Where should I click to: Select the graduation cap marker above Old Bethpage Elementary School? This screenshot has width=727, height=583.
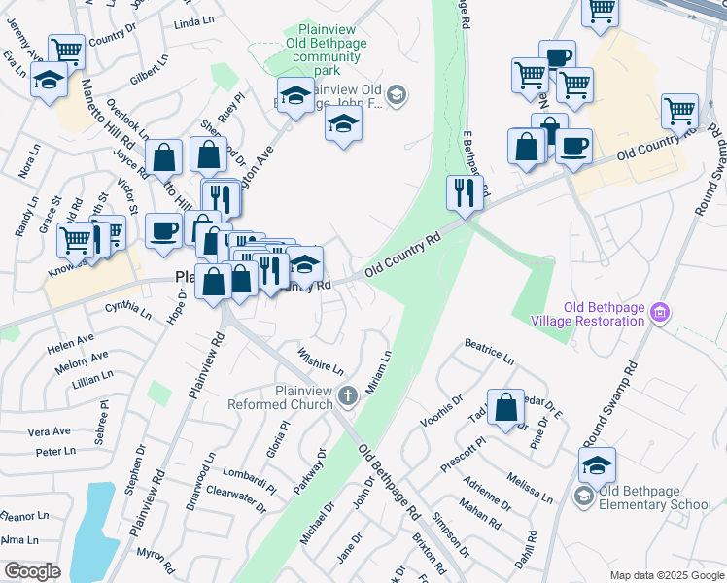click(597, 464)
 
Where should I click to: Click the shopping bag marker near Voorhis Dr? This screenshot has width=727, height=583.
click(505, 408)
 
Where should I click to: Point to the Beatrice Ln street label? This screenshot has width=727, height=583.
click(489, 352)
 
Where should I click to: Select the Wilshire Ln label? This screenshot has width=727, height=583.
click(321, 362)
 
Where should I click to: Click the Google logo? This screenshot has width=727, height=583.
click(33, 570)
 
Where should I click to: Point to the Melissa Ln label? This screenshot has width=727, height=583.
click(530, 487)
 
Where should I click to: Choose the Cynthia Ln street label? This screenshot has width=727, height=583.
click(127, 310)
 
